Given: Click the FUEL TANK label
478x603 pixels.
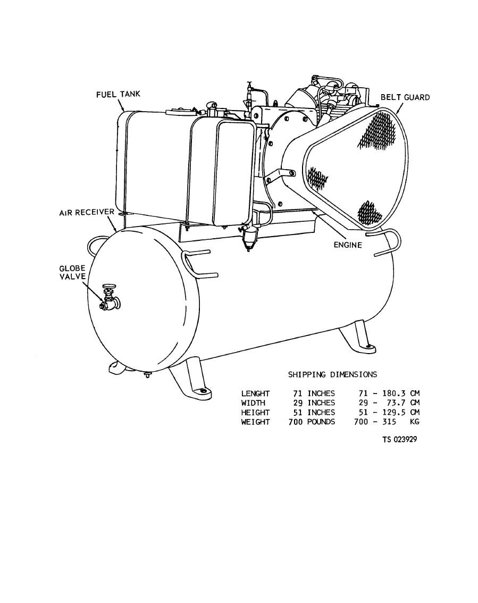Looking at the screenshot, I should (118, 95).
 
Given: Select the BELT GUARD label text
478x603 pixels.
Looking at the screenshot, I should (405, 97).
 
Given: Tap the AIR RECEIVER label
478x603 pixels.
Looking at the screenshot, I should (86, 212).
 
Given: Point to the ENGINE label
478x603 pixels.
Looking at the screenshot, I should (347, 245).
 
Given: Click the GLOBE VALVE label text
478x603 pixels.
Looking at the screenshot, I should (72, 272).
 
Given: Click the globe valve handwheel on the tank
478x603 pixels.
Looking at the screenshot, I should (109, 287).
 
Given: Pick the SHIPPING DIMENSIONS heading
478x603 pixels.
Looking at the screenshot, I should (332, 375).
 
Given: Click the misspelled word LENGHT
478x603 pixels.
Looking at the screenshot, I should (255, 393).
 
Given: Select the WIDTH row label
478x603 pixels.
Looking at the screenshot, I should (253, 403).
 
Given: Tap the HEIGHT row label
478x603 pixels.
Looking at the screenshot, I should (255, 413).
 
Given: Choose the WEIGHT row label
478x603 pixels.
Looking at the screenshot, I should (255, 422).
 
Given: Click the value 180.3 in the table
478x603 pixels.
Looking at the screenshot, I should (393, 393).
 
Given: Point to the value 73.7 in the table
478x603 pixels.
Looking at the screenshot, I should (395, 403).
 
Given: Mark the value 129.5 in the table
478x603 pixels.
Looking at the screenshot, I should (393, 413).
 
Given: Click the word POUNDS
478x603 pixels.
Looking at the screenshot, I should (321, 422).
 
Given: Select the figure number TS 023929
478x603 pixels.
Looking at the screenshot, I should (399, 440).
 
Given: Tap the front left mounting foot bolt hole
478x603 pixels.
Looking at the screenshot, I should (203, 391).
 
